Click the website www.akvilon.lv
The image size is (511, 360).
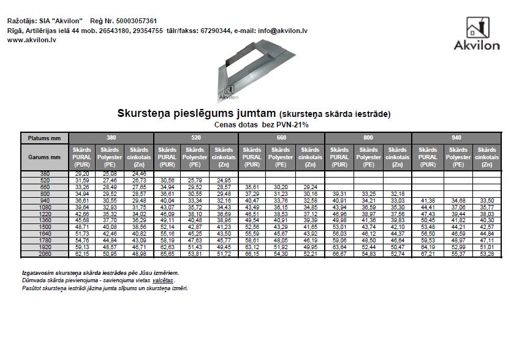pyautogui.click(x=32, y=39)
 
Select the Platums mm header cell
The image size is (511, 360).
pyautogui.click(x=44, y=138)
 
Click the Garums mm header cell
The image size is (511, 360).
pyautogui.click(x=44, y=157)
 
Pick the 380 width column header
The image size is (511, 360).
pyautogui.click(x=111, y=138)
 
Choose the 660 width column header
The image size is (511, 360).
pyautogui.click(x=281, y=138)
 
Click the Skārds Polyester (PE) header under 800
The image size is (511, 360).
pyautogui.click(x=368, y=157)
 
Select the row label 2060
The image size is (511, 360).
pyautogui.click(x=44, y=253)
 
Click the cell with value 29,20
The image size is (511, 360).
pyautogui.click(x=82, y=174)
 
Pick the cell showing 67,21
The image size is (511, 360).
pyautogui.click(x=427, y=253)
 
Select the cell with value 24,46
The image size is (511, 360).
pyautogui.click(x=139, y=174)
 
